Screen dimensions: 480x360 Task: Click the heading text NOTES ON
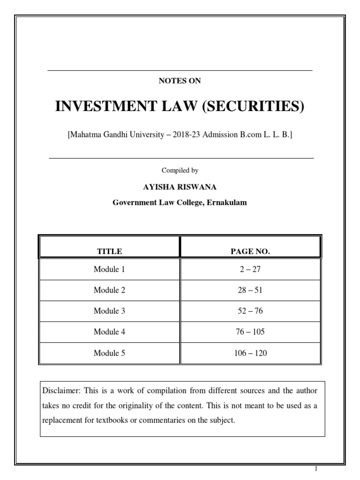(x=180, y=81)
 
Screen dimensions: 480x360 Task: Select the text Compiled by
(x=180, y=171)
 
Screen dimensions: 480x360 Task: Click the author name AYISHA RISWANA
(x=180, y=187)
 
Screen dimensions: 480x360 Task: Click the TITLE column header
(x=109, y=251)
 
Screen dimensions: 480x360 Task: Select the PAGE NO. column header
(x=250, y=251)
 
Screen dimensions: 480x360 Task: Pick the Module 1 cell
(x=109, y=270)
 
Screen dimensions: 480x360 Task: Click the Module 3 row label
(x=109, y=311)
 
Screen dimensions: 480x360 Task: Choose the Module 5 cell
(x=109, y=353)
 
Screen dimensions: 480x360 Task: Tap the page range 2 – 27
(x=250, y=270)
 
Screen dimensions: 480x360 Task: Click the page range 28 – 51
(x=250, y=290)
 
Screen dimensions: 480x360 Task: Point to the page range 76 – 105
(x=250, y=332)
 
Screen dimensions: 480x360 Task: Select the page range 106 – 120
(x=250, y=353)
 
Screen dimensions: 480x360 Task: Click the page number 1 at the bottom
(x=316, y=469)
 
